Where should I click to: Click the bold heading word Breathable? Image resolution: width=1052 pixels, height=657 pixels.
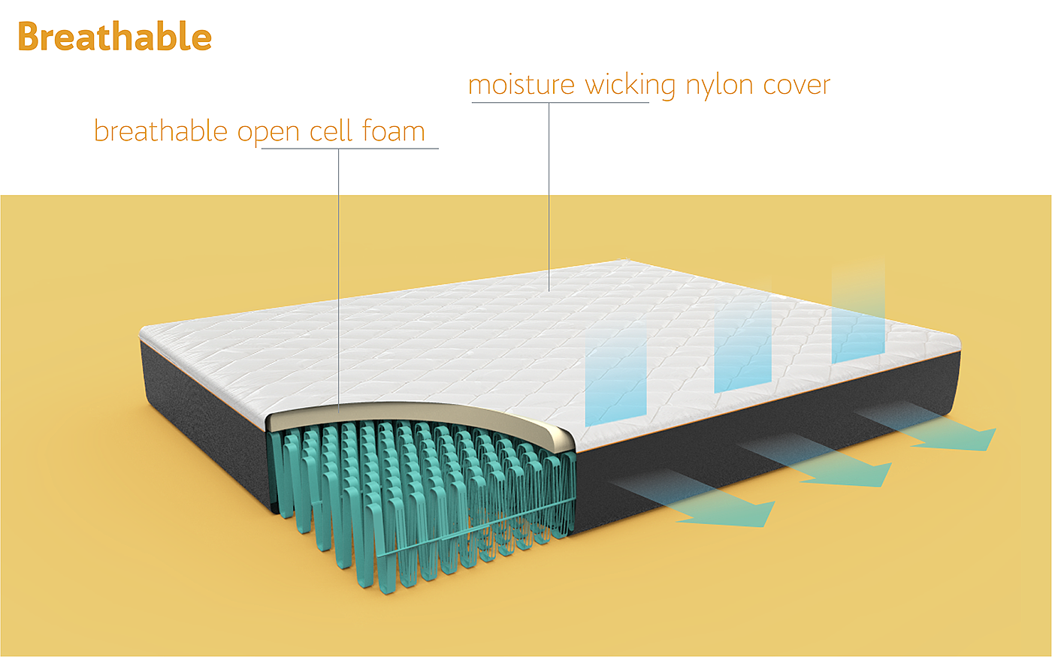pyautogui.click(x=114, y=37)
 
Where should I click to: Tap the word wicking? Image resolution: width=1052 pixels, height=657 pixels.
pyautogui.click(x=630, y=86)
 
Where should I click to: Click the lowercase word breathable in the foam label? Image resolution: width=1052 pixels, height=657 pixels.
pyautogui.click(x=160, y=131)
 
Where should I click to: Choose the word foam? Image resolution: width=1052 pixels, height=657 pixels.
pyautogui.click(x=394, y=131)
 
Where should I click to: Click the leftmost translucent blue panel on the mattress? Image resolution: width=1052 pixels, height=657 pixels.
pyautogui.click(x=616, y=372)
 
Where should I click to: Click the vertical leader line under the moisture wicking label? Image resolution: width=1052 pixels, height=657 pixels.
pyautogui.click(x=549, y=195)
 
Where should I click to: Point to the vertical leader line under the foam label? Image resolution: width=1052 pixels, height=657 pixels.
pyautogui.click(x=338, y=278)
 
